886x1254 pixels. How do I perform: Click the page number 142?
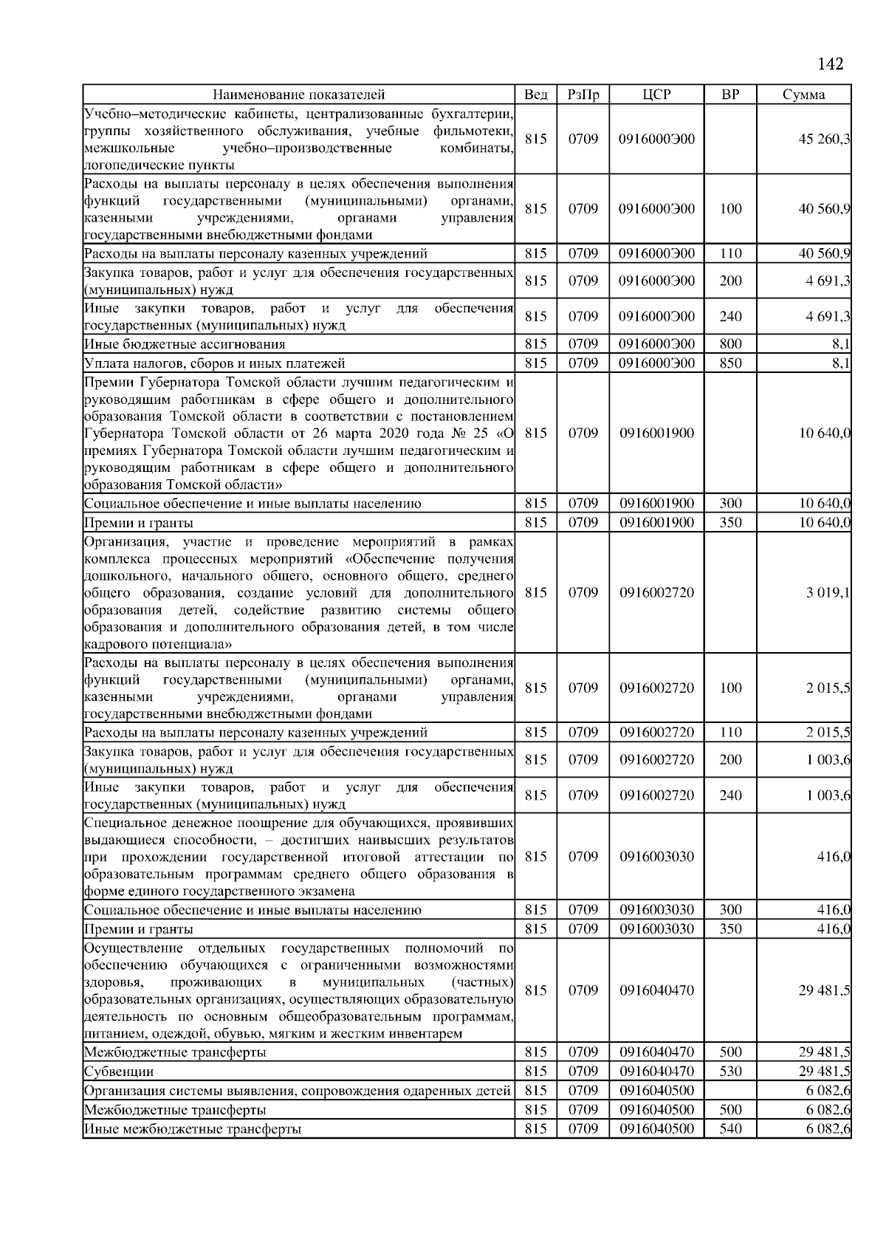tap(830, 64)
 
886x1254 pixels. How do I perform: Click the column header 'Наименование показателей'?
tap(298, 95)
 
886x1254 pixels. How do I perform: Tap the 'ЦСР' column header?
tap(656, 95)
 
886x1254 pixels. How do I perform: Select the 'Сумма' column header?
tap(803, 95)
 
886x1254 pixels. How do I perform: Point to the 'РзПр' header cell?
tap(583, 95)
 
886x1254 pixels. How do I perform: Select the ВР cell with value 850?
tap(729, 363)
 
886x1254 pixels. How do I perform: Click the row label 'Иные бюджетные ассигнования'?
tap(185, 344)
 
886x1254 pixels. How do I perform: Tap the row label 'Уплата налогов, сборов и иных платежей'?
tap(214, 363)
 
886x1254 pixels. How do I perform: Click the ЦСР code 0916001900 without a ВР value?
tap(656, 433)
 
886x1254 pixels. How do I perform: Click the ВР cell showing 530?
tap(729, 1072)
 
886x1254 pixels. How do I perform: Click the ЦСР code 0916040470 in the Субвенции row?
tap(656, 1072)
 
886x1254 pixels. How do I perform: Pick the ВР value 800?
tap(729, 344)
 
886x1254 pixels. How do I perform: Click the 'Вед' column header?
tap(535, 95)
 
